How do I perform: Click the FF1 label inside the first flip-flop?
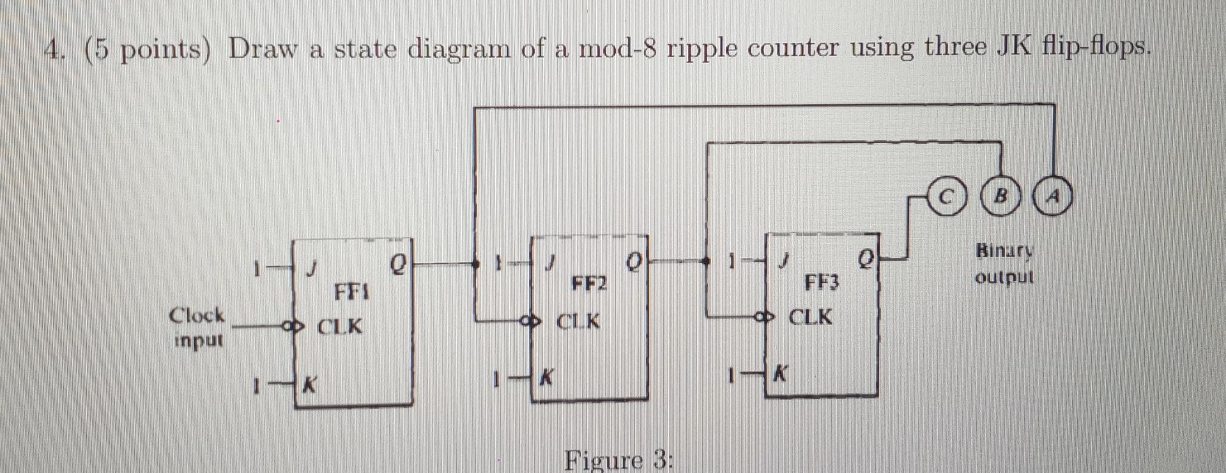point(352,293)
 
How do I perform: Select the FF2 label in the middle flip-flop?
point(588,283)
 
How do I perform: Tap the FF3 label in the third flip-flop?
point(821,282)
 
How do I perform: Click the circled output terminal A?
point(1053,197)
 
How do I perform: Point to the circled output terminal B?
point(1001,197)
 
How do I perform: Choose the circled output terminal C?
point(949,197)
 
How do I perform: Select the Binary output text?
point(1004,264)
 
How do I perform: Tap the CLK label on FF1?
point(340,327)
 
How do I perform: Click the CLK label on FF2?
point(578,321)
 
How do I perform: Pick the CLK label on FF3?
point(810,317)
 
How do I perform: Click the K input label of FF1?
point(310,386)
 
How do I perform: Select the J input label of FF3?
point(784,260)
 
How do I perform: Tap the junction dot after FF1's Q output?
point(475,262)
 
